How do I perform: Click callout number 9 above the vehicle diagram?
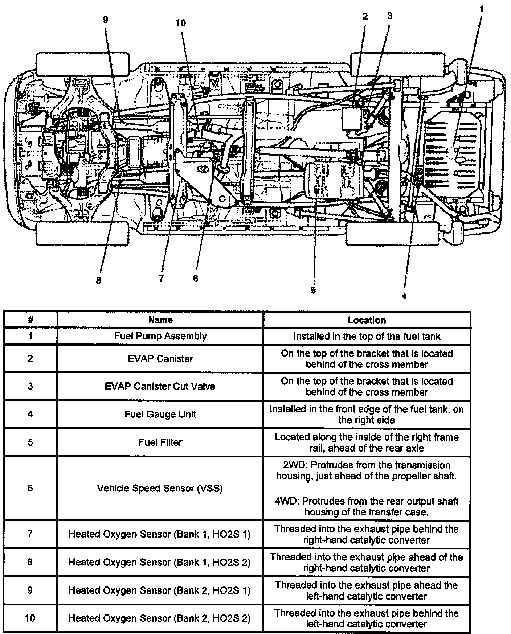105,20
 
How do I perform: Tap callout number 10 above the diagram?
180,23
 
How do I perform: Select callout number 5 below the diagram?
313,290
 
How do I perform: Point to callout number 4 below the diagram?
404,296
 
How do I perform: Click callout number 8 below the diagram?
99,281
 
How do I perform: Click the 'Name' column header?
160,320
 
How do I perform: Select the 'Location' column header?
367,320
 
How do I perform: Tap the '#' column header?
30,320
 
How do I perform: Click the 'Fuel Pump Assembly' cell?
160,336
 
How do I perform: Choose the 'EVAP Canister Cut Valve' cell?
160,386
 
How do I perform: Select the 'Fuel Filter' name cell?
160,442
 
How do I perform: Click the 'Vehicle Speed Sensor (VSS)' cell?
160,488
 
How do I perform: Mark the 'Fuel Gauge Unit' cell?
160,414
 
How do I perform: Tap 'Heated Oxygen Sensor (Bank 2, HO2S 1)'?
160,590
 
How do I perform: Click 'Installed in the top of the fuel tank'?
367,336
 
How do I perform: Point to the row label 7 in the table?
30,534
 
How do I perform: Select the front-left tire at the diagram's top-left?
82,64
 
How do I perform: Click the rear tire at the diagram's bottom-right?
392,234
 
